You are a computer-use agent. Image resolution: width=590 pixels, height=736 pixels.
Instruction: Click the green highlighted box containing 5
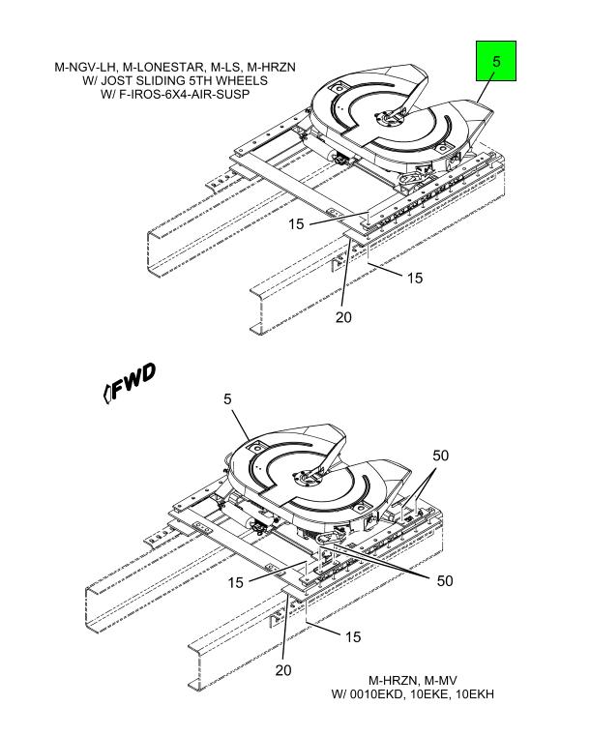(x=496, y=61)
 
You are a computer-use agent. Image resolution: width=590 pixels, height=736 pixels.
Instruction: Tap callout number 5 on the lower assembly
(x=227, y=399)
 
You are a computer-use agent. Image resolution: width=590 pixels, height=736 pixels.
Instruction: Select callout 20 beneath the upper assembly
(x=343, y=317)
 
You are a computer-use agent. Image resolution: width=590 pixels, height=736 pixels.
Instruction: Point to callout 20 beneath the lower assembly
(x=283, y=670)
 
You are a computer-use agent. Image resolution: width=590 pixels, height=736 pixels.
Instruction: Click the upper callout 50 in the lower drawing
(x=441, y=456)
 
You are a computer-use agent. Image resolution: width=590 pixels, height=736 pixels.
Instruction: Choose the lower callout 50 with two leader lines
(x=445, y=580)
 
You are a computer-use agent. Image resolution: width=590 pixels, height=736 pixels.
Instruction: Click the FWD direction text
(x=133, y=381)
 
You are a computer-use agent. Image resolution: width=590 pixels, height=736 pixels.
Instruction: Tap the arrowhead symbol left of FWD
(x=106, y=394)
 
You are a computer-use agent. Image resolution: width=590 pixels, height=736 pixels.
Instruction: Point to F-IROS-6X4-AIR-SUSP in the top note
(x=184, y=94)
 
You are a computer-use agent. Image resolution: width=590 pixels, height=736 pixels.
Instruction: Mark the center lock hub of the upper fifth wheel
(x=388, y=118)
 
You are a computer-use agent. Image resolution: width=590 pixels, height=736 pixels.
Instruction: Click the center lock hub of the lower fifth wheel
(x=307, y=478)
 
